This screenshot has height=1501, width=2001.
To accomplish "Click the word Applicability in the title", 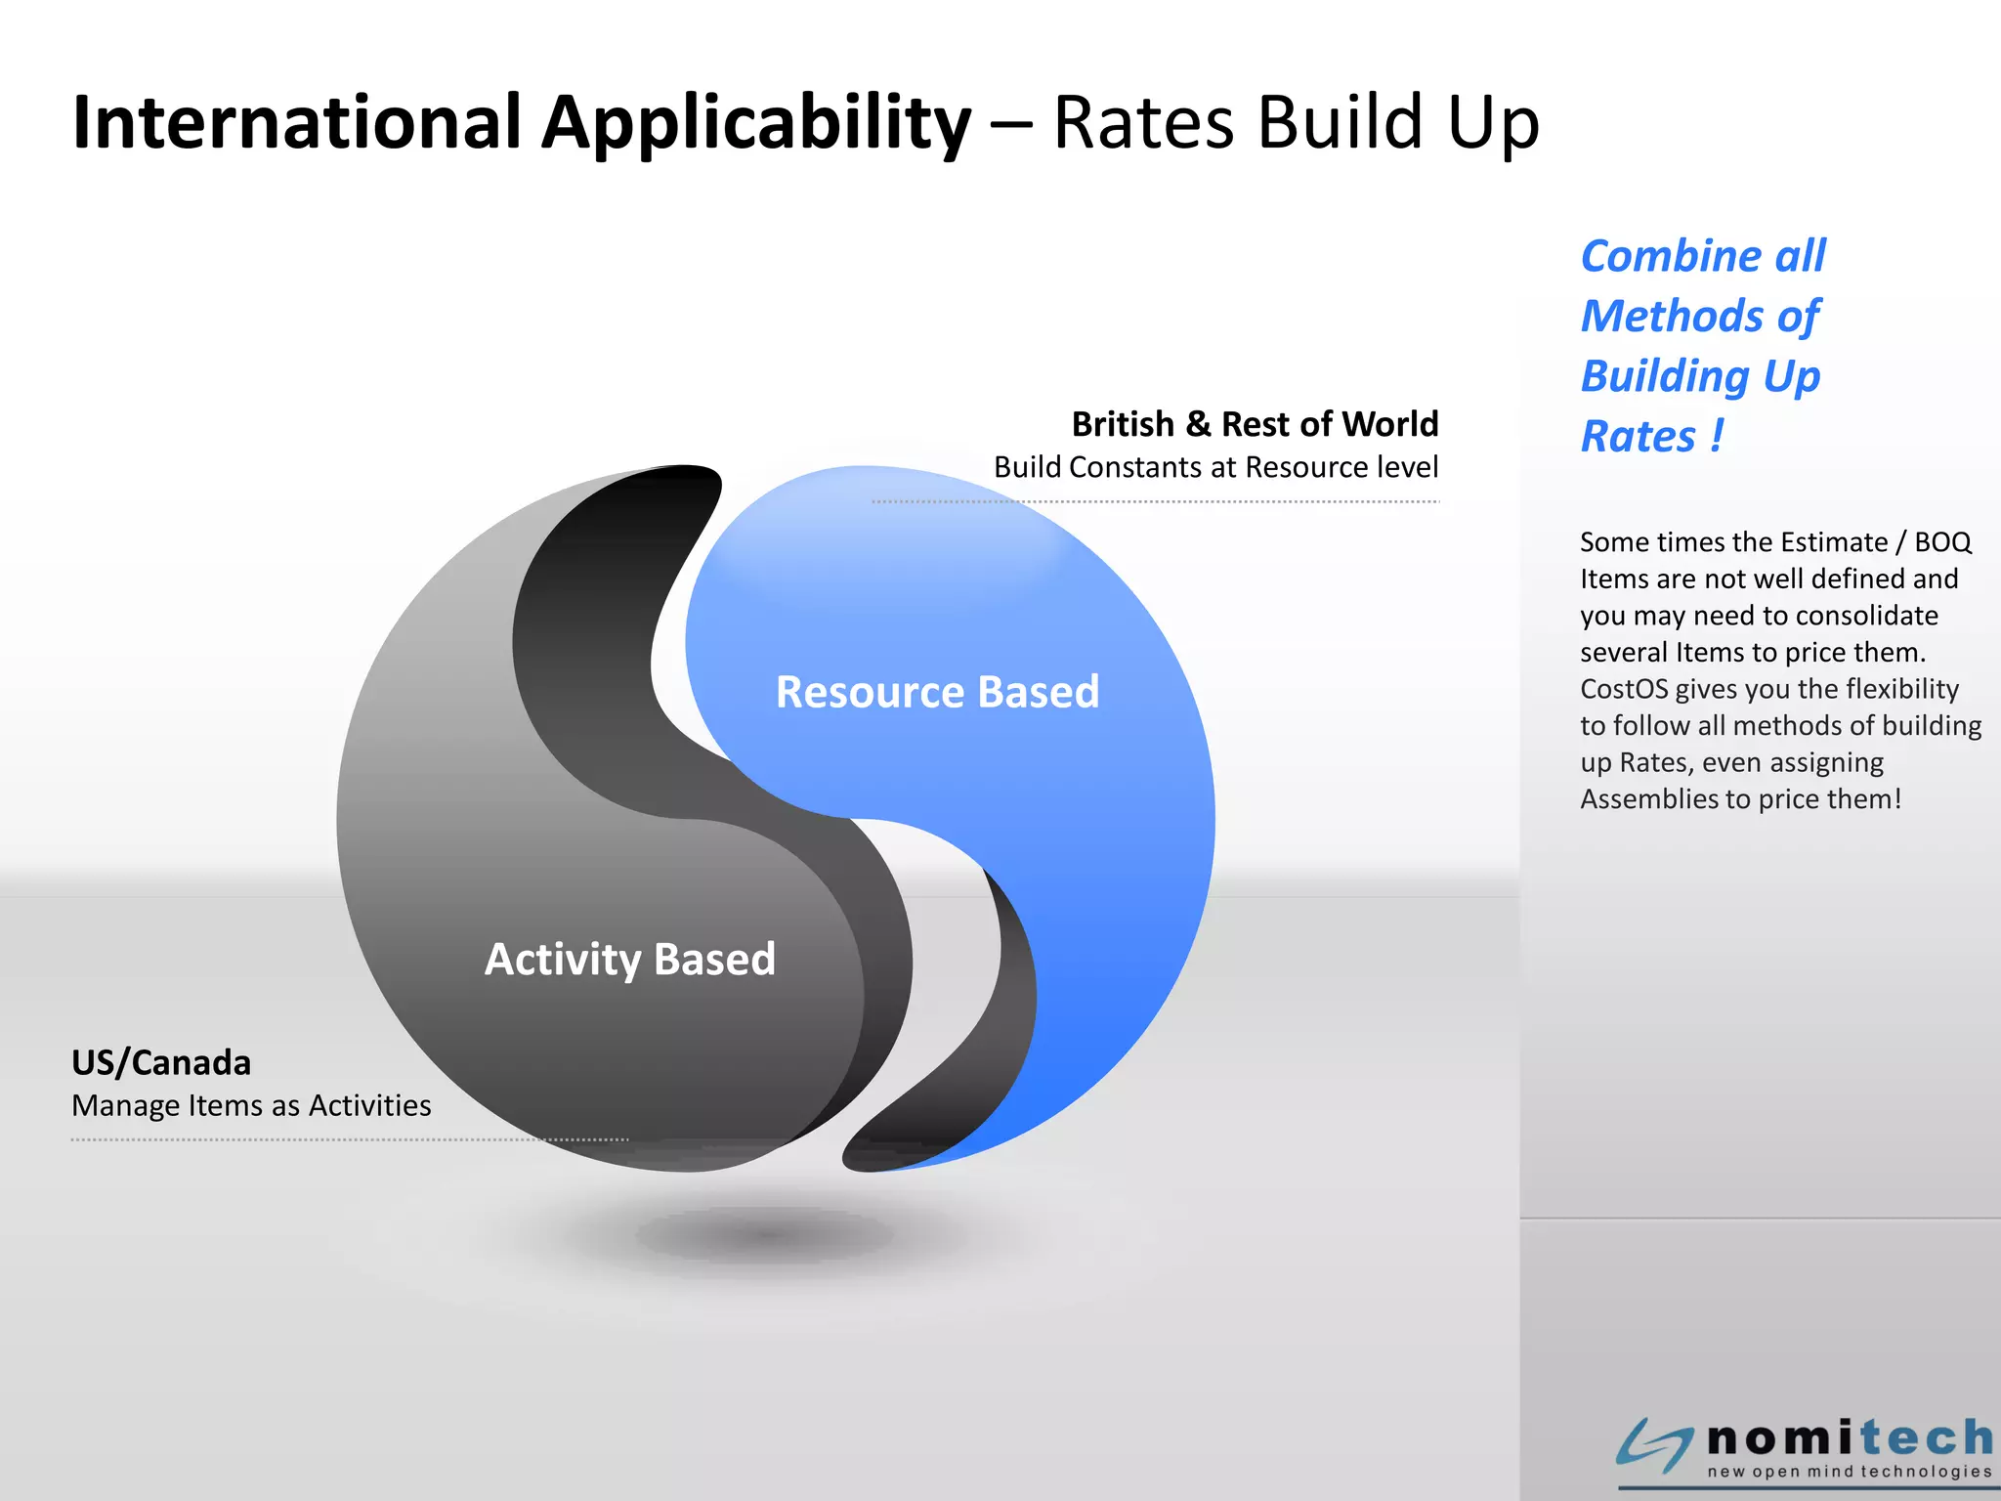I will (756, 124).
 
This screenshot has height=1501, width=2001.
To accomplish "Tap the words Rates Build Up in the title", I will (1296, 122).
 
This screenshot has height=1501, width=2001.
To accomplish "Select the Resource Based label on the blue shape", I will (937, 692).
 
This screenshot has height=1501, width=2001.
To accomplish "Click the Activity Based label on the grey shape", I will (630, 959).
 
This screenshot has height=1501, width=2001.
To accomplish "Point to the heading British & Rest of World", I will (1255, 424).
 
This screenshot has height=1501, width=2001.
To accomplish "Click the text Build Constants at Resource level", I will (1215, 467).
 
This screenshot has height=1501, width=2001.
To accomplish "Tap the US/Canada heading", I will (161, 1062).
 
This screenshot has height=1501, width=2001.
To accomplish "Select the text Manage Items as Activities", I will (251, 1105).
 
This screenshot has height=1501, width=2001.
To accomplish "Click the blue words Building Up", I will (1700, 377).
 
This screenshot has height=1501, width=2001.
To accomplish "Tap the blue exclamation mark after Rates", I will (1717, 435).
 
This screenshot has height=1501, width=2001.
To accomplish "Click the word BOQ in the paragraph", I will (1941, 542).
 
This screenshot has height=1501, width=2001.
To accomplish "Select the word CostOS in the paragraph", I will (1623, 689).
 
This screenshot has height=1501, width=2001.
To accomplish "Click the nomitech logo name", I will (1850, 1438).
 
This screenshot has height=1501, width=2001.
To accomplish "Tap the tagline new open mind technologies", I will (1849, 1472).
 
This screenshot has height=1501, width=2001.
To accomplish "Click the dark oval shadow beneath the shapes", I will (767, 1235).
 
